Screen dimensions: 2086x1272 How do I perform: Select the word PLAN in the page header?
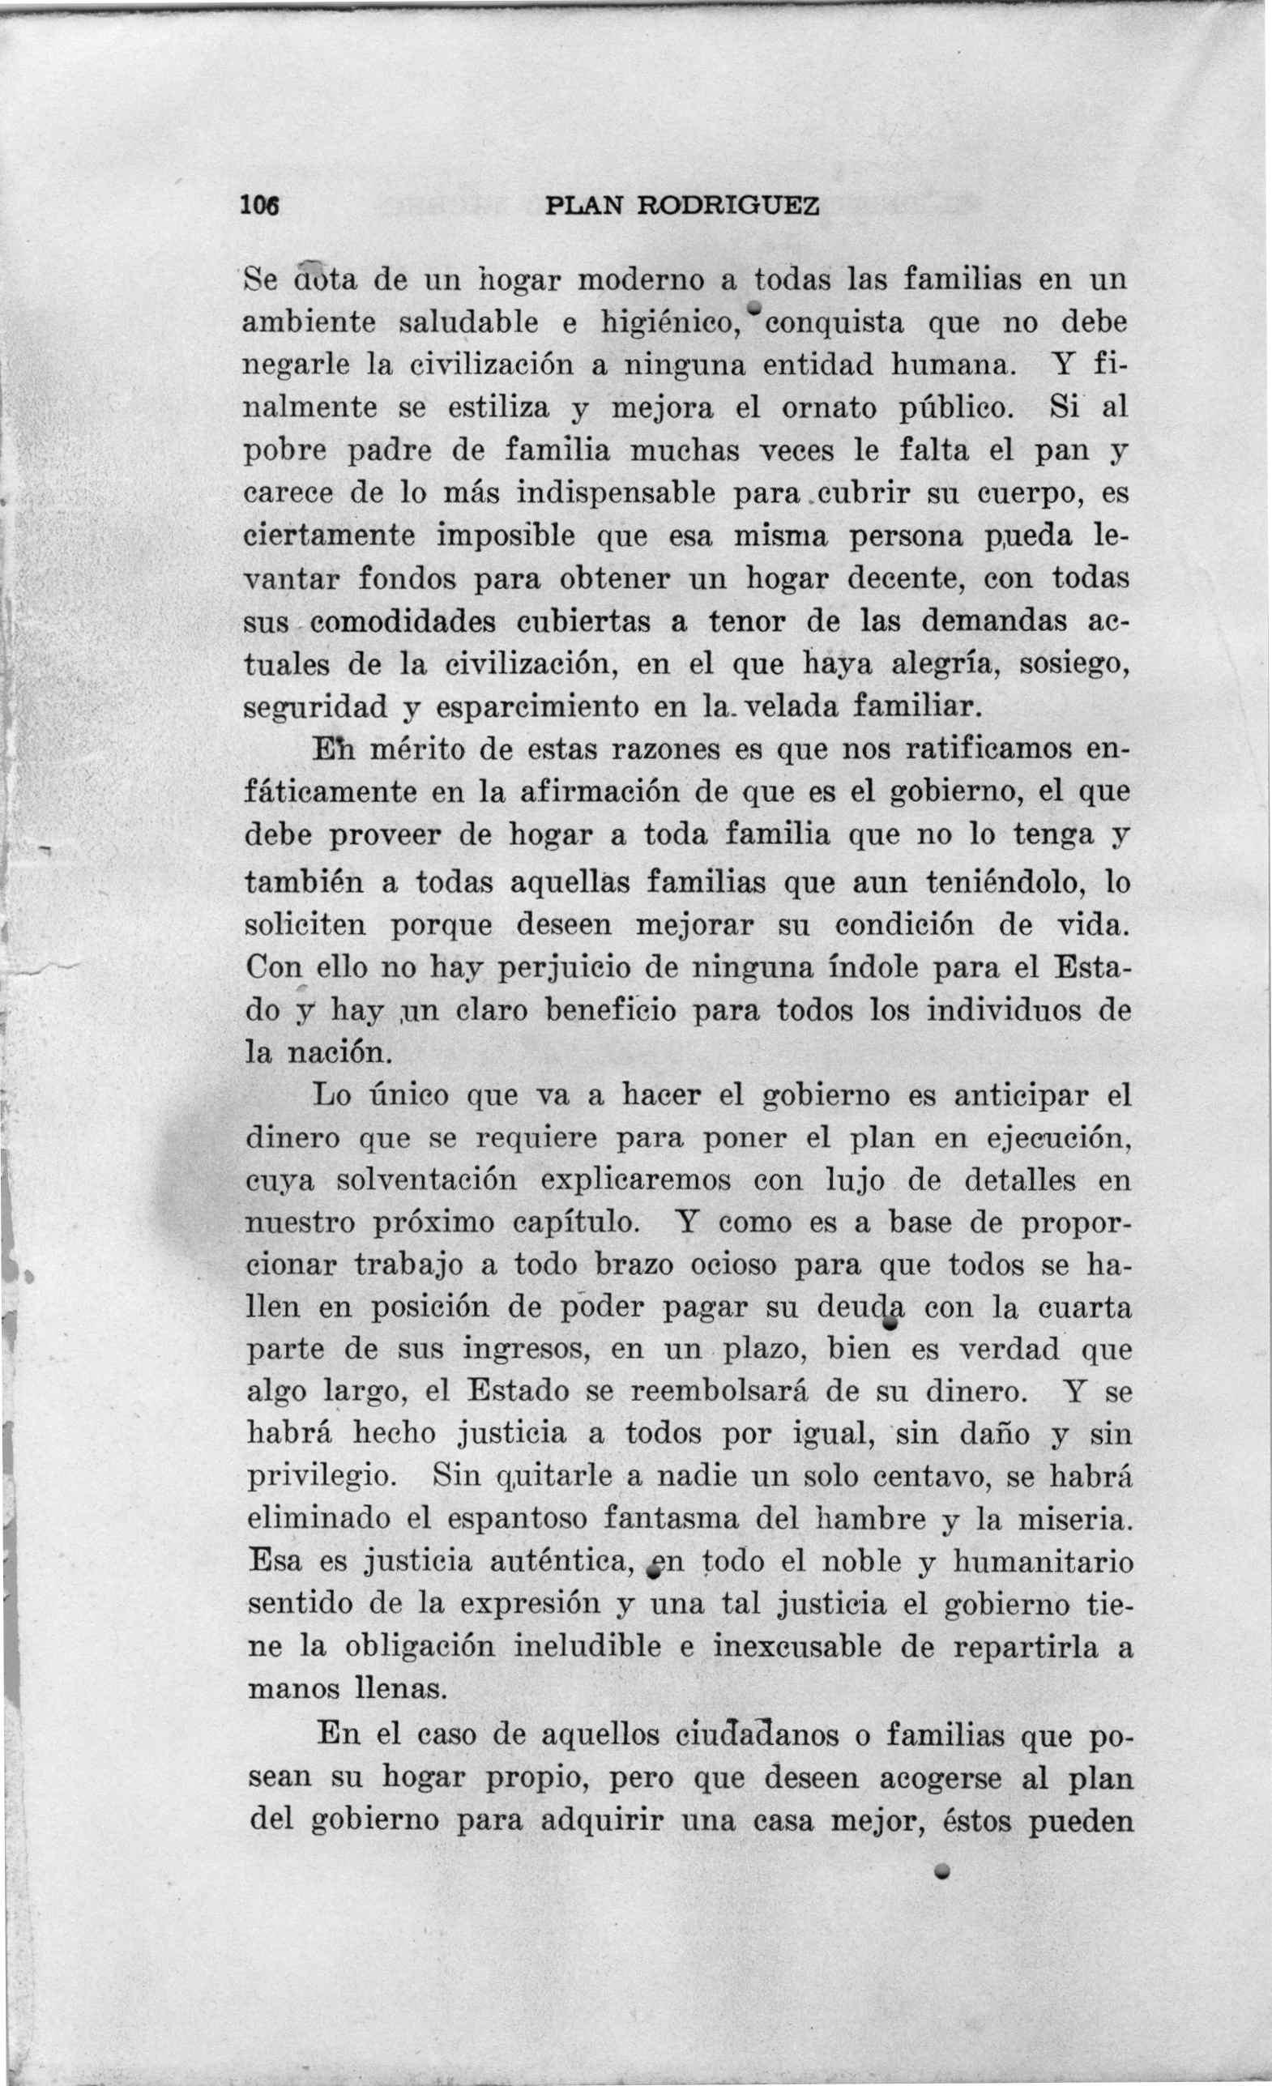pyautogui.click(x=584, y=206)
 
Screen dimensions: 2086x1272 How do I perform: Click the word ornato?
pyautogui.click(x=829, y=408)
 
